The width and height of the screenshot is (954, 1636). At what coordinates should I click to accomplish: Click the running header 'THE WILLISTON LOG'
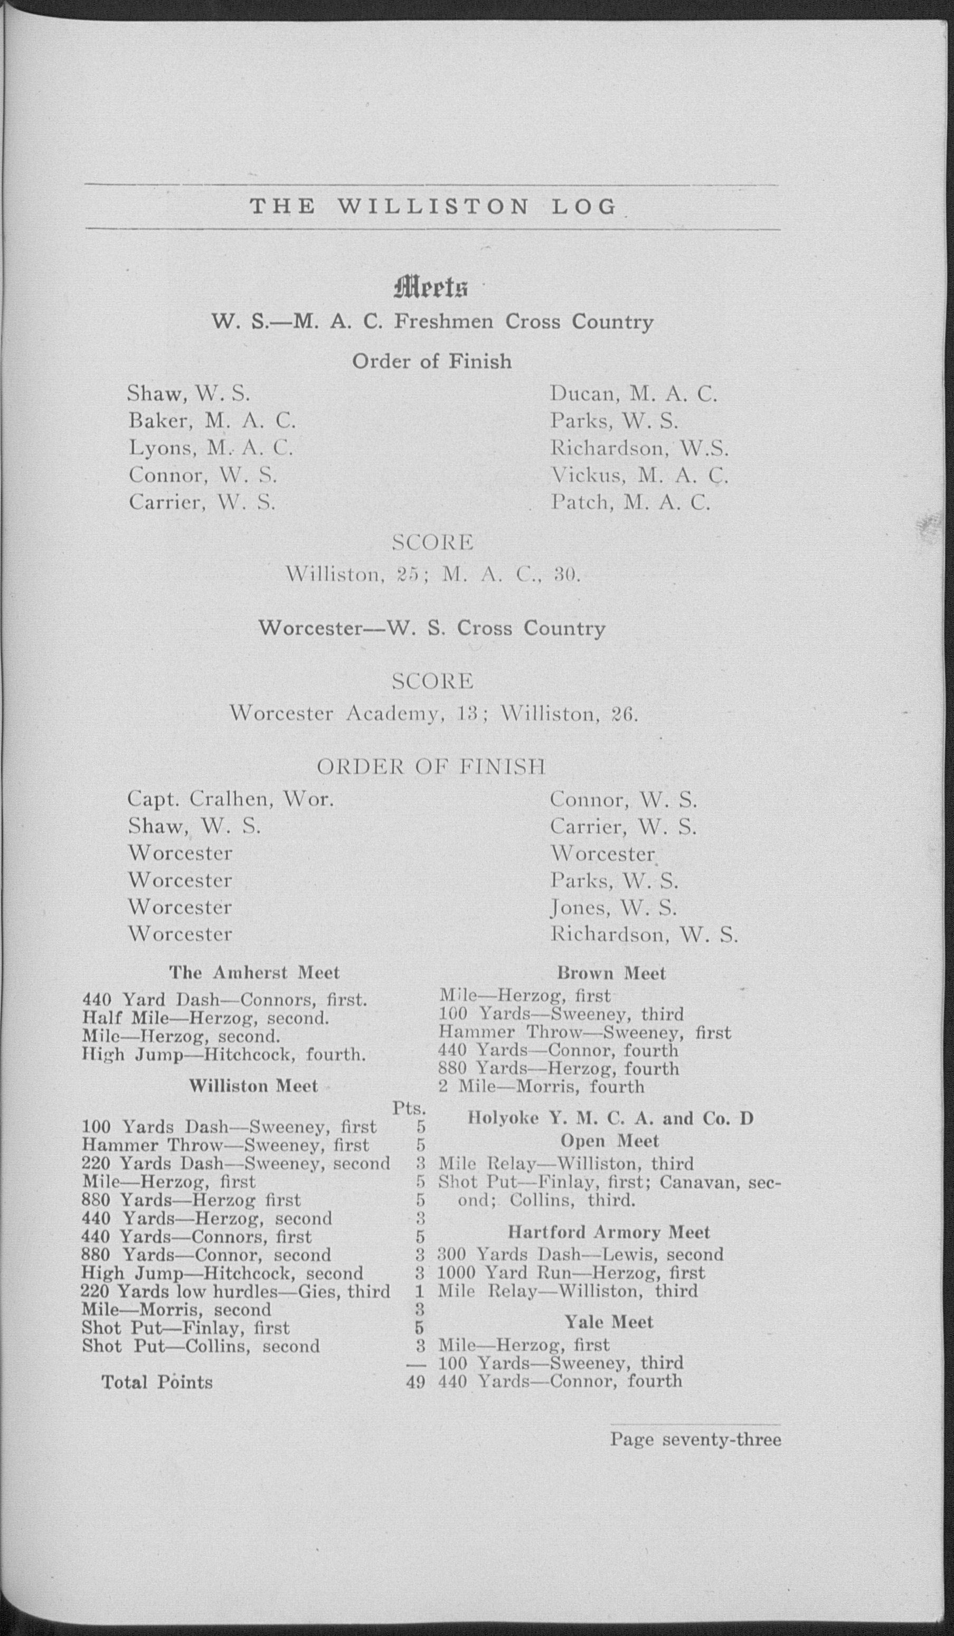point(433,207)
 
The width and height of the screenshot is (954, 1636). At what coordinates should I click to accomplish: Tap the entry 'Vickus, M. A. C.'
point(639,476)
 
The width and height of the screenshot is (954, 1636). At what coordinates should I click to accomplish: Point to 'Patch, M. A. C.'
point(630,502)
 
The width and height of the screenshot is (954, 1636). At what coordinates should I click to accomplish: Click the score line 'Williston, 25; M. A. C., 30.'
point(432,575)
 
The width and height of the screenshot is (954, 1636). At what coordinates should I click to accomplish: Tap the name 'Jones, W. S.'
point(613,907)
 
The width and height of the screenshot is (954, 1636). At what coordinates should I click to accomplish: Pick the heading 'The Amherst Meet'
point(254,973)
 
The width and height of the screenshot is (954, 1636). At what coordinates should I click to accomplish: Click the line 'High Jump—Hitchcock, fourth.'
point(223,1054)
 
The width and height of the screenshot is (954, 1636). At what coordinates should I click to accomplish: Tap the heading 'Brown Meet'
point(611,973)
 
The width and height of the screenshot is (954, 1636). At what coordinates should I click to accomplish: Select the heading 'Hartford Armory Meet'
point(608,1232)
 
